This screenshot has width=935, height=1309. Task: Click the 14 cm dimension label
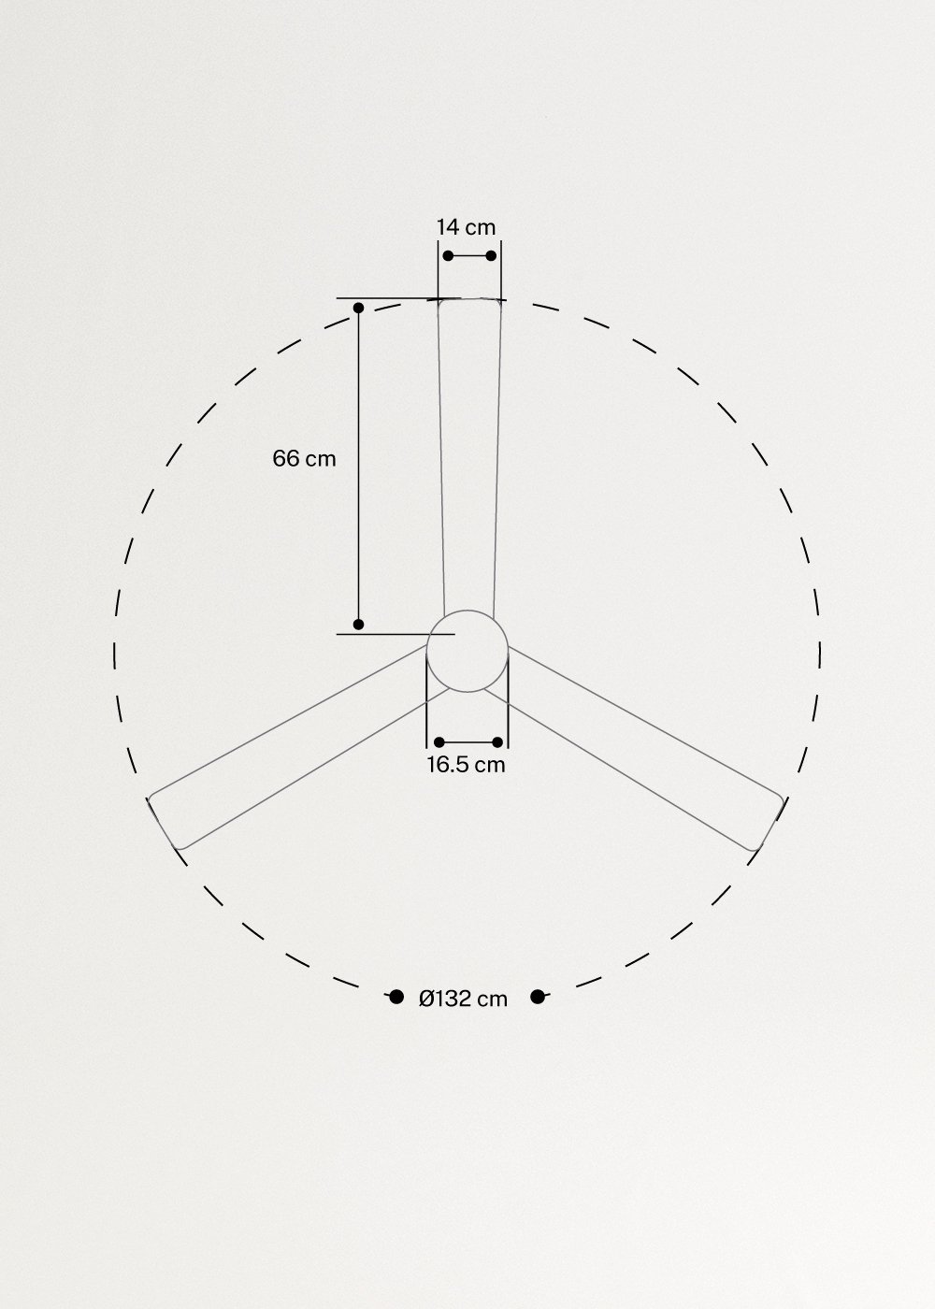(466, 227)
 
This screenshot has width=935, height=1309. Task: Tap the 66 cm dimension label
(304, 459)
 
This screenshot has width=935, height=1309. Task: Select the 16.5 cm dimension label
(466, 765)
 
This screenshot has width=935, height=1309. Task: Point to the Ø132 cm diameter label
(464, 999)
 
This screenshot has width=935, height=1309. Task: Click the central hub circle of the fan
(467, 651)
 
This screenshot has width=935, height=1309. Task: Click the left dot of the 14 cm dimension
(448, 255)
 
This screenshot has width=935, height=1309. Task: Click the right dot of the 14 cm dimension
(491, 255)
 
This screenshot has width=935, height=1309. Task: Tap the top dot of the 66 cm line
(358, 308)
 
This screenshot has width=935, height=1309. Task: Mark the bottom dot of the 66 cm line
(358, 624)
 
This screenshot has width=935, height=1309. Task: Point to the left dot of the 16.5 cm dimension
(439, 742)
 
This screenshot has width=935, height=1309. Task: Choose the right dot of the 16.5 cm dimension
(497, 742)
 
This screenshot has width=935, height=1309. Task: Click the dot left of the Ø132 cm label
(396, 997)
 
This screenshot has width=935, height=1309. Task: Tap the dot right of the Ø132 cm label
(537, 997)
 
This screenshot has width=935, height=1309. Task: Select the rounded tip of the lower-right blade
(769, 822)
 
